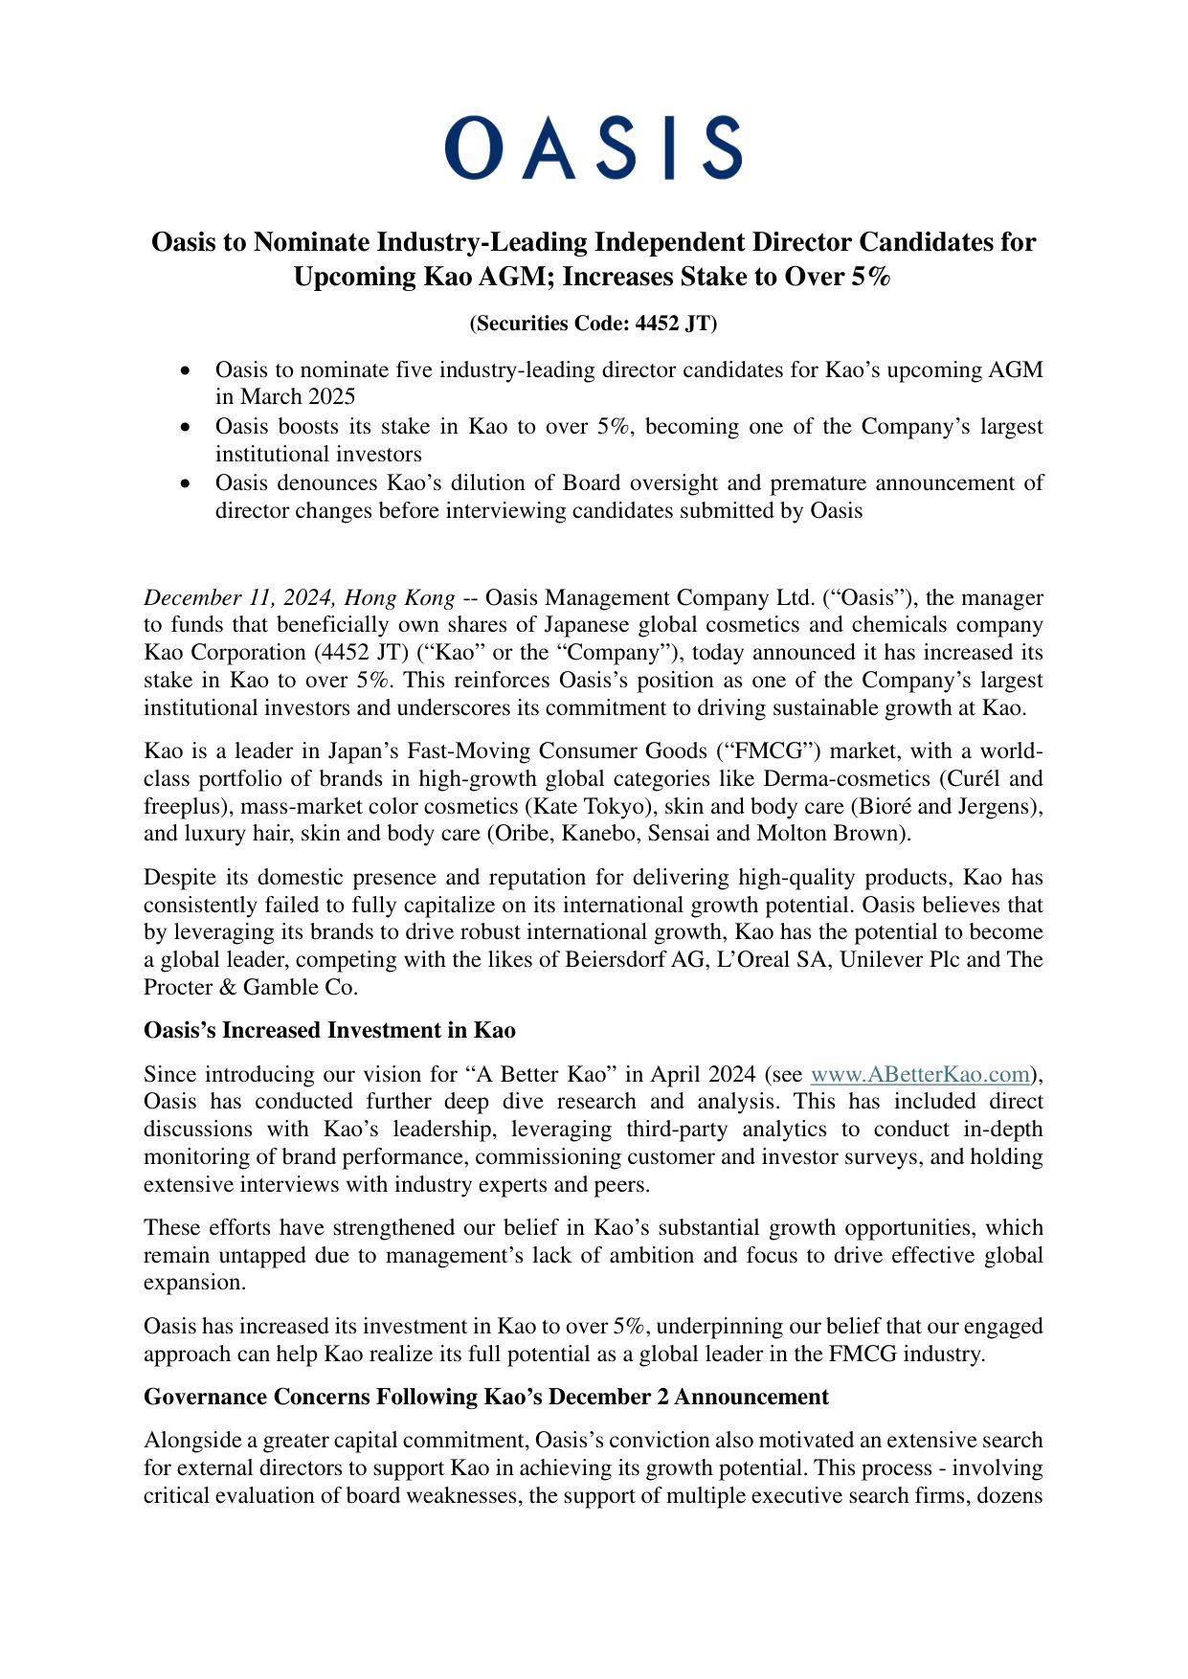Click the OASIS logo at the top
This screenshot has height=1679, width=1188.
pos(594,148)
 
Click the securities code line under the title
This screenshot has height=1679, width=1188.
pos(594,324)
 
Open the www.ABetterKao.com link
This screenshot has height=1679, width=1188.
pos(920,1074)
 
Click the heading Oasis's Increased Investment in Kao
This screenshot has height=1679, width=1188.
pos(329,1030)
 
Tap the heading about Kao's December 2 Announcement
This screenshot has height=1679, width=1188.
pos(485,1397)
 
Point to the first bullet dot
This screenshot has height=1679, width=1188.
pos(187,370)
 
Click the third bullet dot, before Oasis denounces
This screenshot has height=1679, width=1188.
pos(187,483)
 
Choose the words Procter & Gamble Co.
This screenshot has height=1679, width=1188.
pos(250,987)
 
